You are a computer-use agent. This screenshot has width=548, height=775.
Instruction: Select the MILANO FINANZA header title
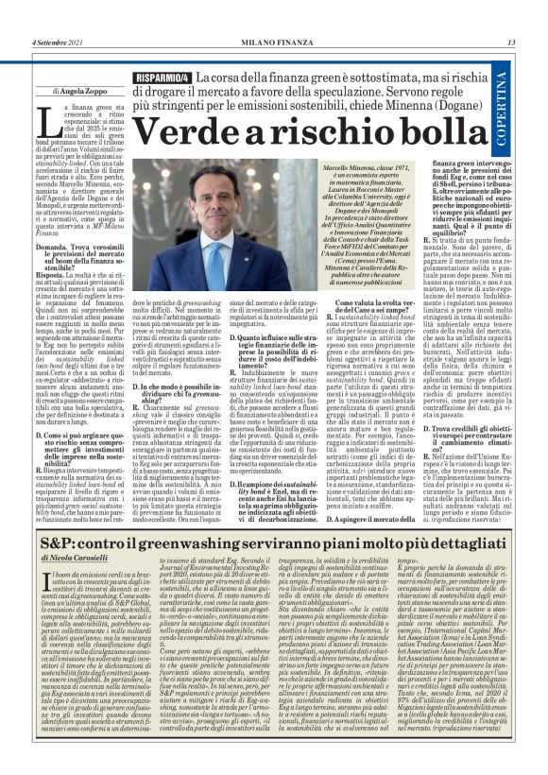[274, 43]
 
